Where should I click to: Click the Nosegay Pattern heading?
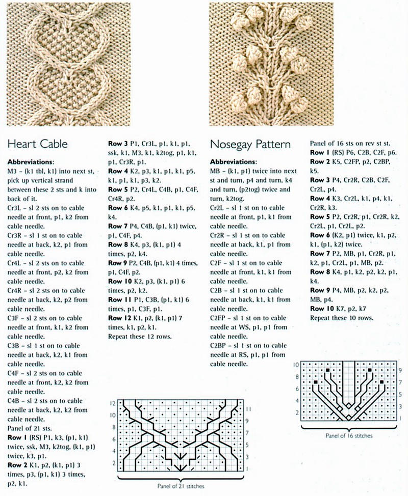(x=250, y=144)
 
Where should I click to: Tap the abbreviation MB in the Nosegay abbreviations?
(x=216, y=171)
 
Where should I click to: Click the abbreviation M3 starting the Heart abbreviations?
(x=13, y=171)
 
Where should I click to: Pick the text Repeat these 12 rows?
(x=139, y=336)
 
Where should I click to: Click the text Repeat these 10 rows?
(x=341, y=318)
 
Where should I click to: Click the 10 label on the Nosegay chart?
(x=296, y=365)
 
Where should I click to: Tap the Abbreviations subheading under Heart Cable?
(x=31, y=161)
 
